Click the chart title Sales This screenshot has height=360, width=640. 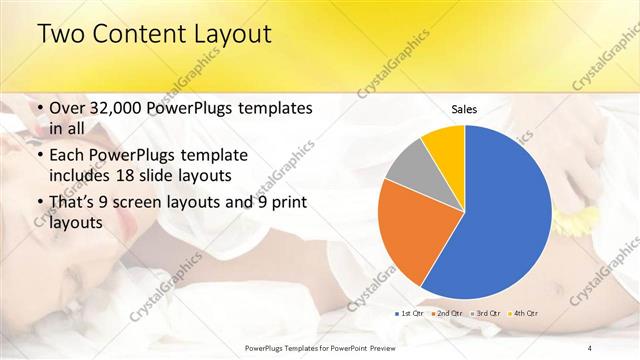tap(464, 108)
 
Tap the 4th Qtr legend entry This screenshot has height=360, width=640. tap(524, 314)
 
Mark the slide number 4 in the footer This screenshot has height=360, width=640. tap(589, 347)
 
